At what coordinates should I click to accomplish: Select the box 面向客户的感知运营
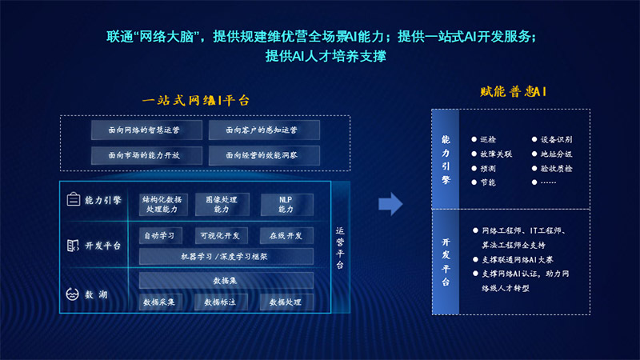pos(264,130)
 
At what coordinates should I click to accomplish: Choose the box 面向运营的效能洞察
pos(264,154)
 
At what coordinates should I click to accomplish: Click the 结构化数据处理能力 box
pos(164,204)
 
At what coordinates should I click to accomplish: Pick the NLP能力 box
pos(286,204)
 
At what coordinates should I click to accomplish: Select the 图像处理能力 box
pos(222,204)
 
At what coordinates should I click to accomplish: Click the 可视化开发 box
pos(222,235)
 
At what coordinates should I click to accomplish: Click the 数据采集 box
pos(162,302)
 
